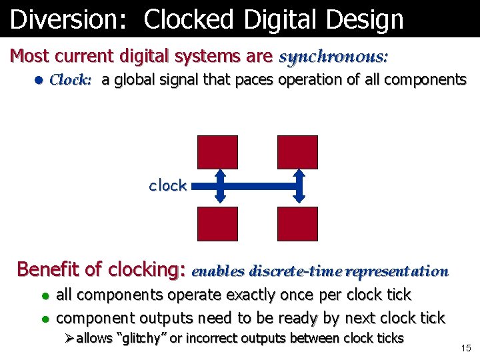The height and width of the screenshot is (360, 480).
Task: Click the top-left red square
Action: coord(217,152)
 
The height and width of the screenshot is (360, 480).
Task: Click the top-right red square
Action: coord(297,152)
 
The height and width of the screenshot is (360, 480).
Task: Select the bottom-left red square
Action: coord(217,223)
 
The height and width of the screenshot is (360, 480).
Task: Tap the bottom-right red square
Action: coord(297,223)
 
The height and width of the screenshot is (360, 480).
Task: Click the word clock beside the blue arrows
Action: coord(167,185)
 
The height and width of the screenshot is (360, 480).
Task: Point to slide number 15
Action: coord(465,347)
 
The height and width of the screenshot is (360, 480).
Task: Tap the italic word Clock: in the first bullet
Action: coord(71,81)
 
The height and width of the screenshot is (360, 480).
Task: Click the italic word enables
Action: coord(219,271)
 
